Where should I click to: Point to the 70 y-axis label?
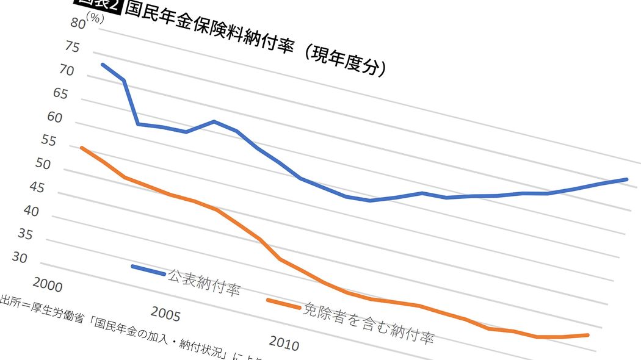coord(67,71)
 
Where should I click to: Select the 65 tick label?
coord(61,95)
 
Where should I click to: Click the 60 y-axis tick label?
coord(55,118)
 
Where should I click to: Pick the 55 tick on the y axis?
coord(49,142)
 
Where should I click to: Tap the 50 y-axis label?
coord(43,165)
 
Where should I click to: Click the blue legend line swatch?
coord(148,270)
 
